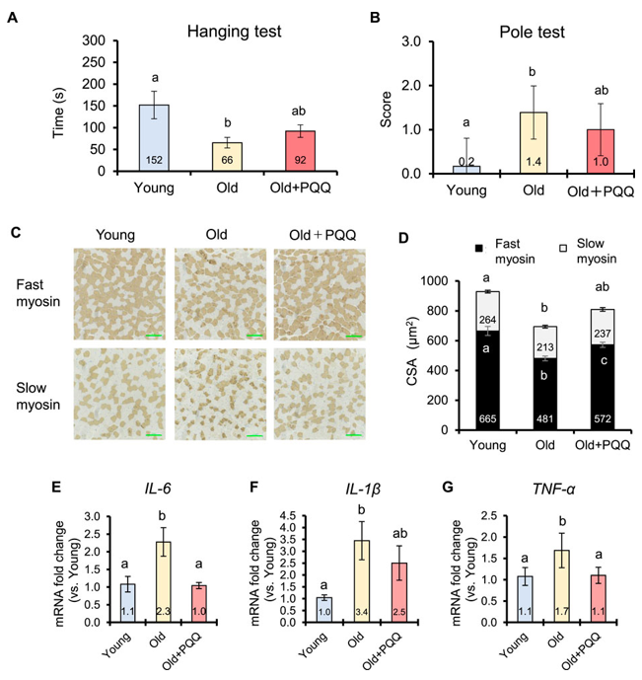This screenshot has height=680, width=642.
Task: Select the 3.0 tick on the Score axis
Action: (402, 41)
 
